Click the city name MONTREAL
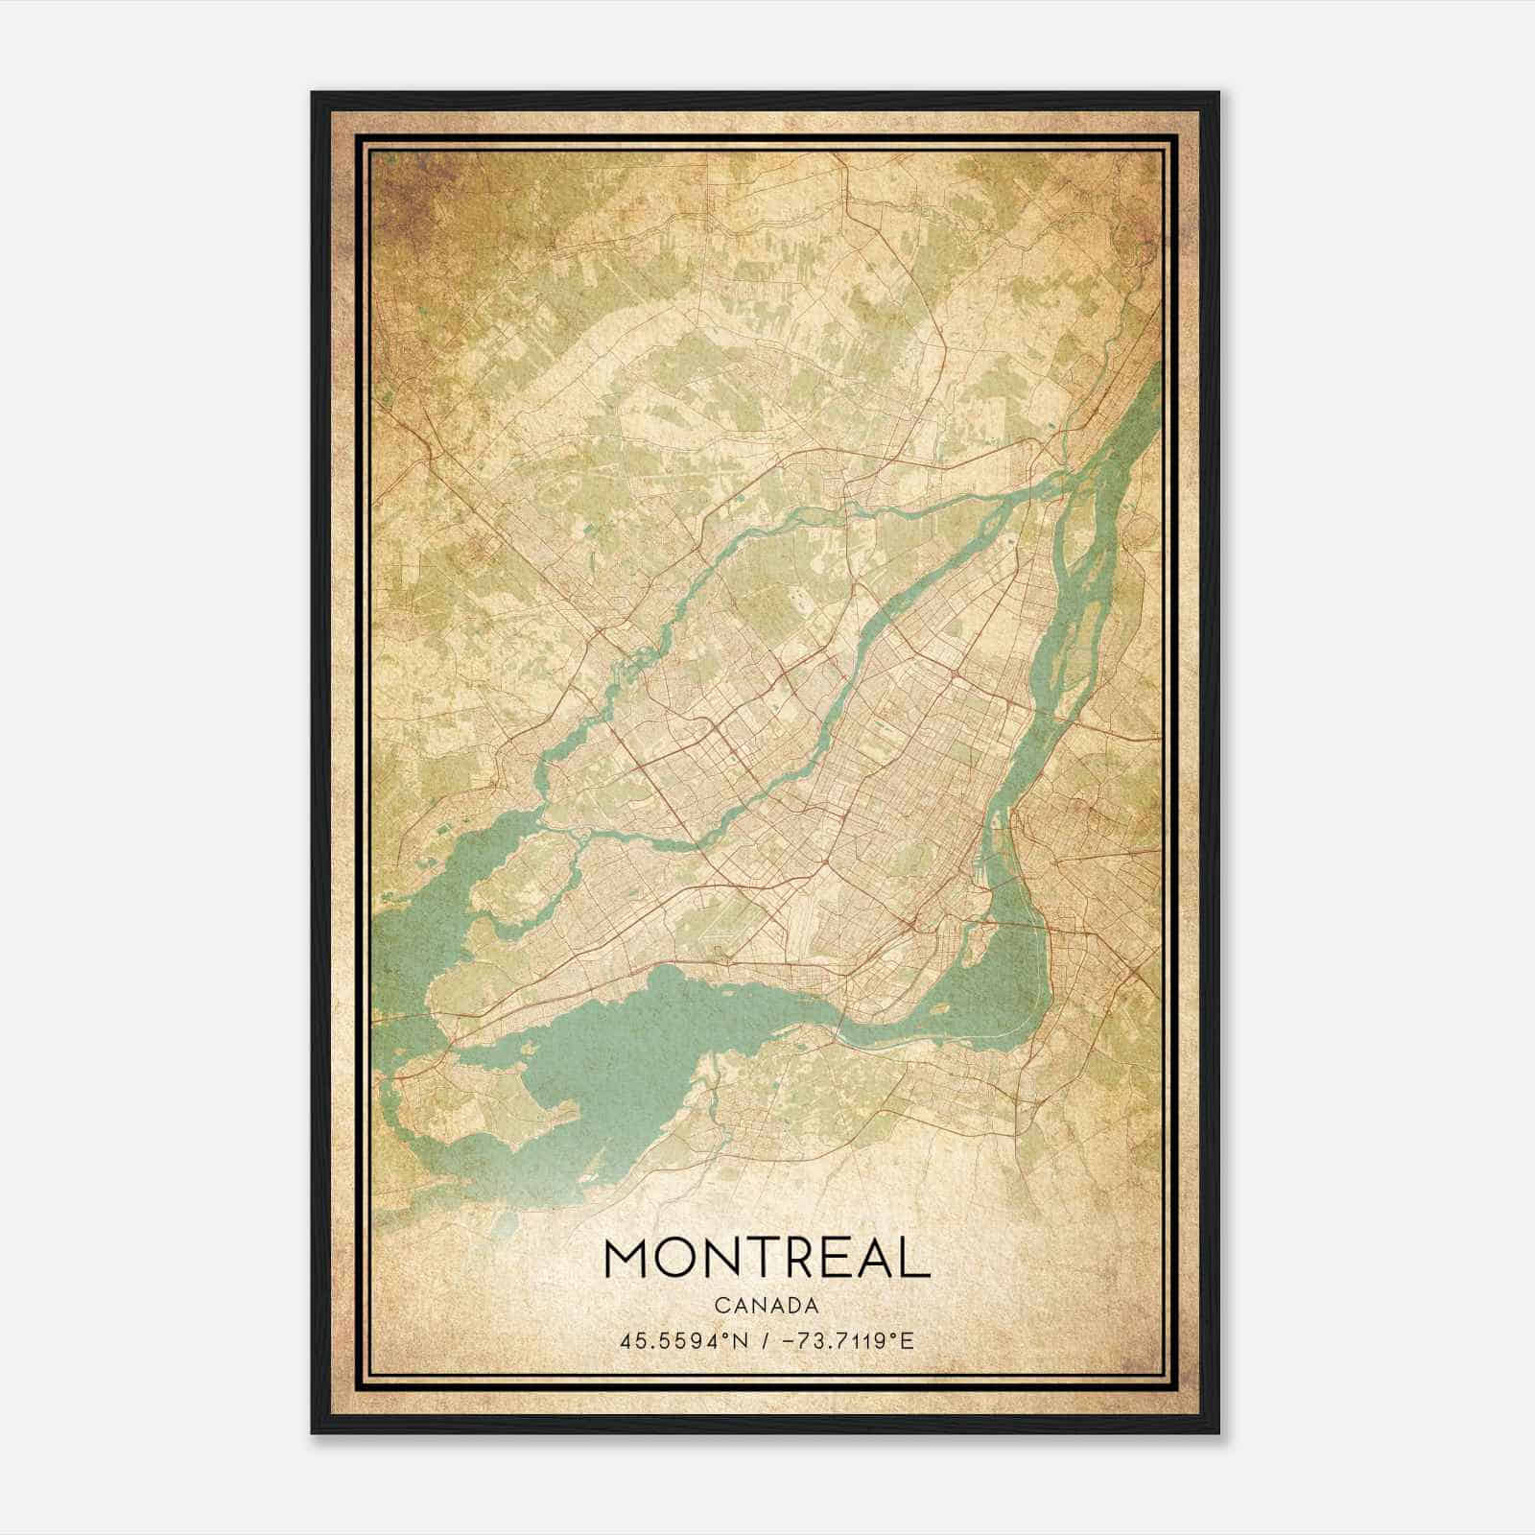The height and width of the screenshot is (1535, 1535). [x=767, y=1258]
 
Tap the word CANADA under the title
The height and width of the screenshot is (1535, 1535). [x=767, y=1306]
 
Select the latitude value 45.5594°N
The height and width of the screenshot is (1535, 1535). [x=682, y=1340]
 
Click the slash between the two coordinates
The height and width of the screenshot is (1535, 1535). [x=764, y=1340]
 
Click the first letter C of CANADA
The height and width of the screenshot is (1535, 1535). [x=720, y=1306]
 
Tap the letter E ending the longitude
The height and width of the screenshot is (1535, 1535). [x=909, y=1340]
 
